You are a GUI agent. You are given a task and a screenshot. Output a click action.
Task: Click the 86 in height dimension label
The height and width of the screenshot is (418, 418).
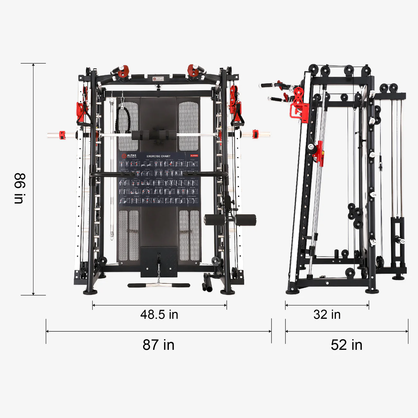pos(19,188)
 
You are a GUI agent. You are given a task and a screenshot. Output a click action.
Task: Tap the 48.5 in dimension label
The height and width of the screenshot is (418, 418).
pos(159,314)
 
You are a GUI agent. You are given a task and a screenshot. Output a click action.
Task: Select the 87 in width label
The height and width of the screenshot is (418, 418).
pos(159,345)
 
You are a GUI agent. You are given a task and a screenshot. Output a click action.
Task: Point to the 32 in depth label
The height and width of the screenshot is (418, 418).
pos(327,314)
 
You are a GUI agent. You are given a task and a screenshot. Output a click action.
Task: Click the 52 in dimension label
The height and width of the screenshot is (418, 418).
pos(347,345)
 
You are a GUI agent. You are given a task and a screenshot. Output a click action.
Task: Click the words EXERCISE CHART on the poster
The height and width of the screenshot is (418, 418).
pos(159,156)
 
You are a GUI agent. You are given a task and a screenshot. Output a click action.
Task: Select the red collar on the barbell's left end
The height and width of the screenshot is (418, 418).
pos(62,135)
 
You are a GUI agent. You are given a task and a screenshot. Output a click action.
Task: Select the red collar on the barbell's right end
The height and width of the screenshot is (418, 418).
pos(255,134)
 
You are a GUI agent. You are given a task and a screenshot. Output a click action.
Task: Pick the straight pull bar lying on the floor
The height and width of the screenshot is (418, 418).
pos(159,285)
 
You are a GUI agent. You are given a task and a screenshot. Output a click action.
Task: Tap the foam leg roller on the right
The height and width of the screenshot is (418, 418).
pos(246,220)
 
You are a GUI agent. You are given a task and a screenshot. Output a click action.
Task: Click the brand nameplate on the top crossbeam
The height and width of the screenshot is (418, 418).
pos(158,78)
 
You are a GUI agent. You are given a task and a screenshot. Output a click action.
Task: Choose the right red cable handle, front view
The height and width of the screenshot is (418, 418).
pos(237,116)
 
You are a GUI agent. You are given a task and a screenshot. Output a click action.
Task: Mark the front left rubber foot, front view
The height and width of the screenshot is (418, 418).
pos(90,292)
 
